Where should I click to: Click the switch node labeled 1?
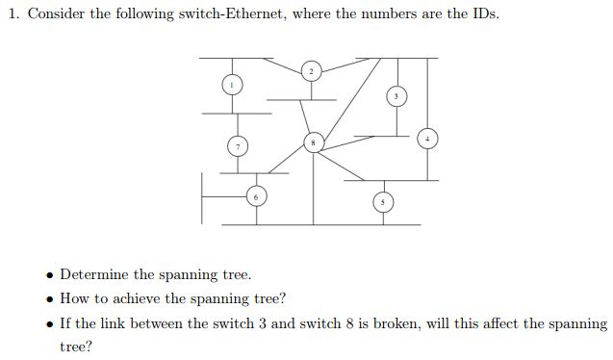(x=230, y=85)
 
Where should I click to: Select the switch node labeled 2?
(x=311, y=71)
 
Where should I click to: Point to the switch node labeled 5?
(x=382, y=202)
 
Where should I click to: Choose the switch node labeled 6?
(x=256, y=197)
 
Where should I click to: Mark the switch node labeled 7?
(x=238, y=146)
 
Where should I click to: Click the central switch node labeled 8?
(x=312, y=142)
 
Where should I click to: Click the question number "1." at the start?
(x=13, y=14)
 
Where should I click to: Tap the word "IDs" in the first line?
(x=486, y=14)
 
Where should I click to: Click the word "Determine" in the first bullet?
(x=98, y=275)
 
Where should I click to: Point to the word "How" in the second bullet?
(x=74, y=298)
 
